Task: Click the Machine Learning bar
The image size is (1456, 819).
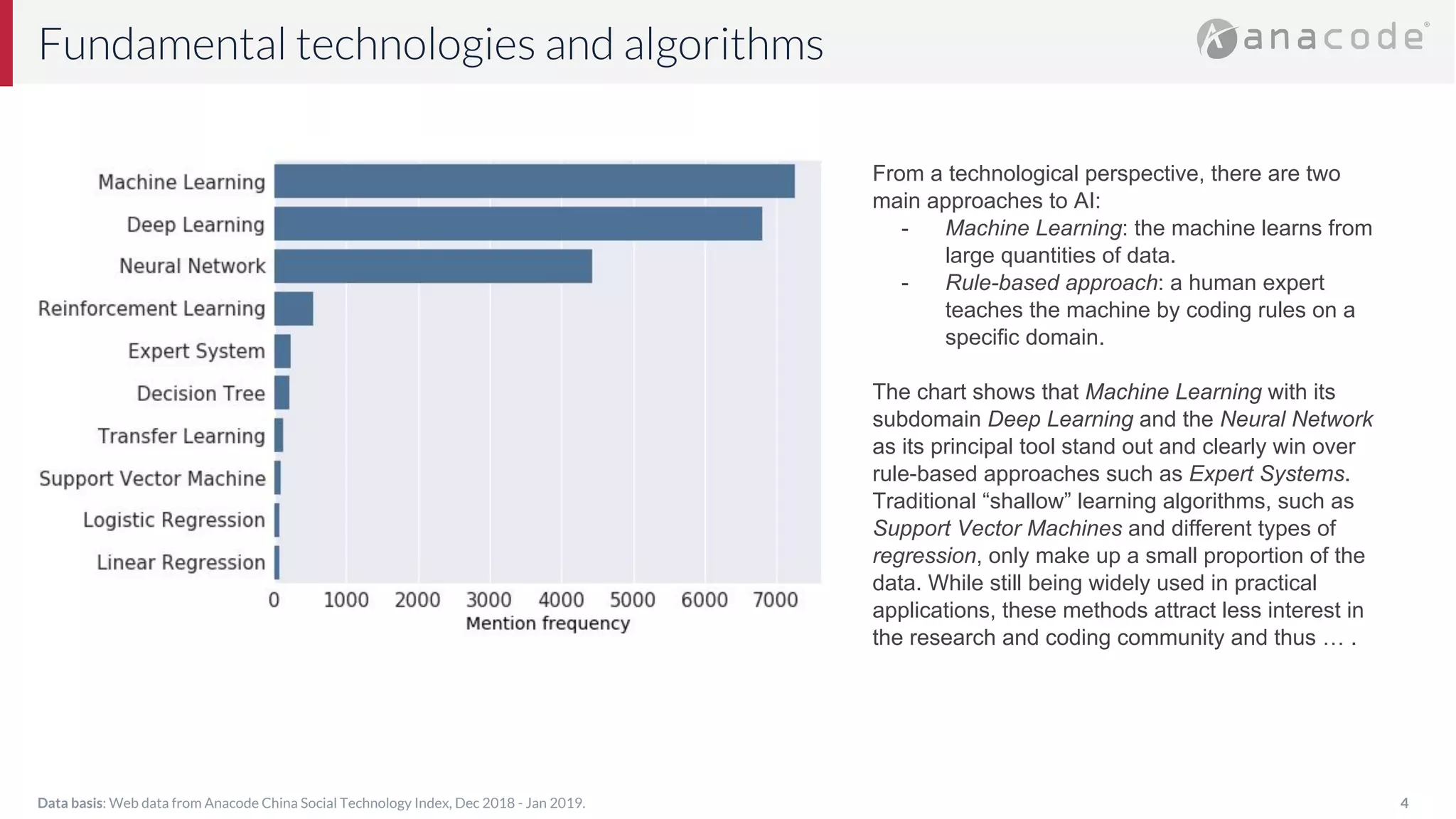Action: pos(534,181)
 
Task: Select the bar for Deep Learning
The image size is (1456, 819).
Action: pos(518,224)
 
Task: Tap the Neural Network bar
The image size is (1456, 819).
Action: pos(433,266)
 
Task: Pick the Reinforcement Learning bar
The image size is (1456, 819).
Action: pos(294,309)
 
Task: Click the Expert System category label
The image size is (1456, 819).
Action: pos(196,351)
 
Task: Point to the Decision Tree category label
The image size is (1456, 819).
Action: pos(200,393)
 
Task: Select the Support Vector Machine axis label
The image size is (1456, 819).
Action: pos(152,478)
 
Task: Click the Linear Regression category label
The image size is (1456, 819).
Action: pos(181,562)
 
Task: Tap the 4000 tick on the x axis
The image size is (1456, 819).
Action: pos(561,600)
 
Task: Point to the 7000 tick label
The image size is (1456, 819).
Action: pos(776,600)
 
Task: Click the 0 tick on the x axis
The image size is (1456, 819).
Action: pos(274,600)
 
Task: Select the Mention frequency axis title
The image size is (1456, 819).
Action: pos(547,623)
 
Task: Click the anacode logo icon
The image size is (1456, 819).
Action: pos(1216,38)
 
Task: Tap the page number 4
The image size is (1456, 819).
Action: pos(1404,803)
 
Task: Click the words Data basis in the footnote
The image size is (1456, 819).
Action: pos(70,803)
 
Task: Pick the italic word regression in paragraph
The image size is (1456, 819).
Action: pos(924,556)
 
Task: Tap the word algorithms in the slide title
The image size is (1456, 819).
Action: pos(723,45)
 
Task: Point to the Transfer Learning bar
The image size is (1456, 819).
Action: pos(279,435)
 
